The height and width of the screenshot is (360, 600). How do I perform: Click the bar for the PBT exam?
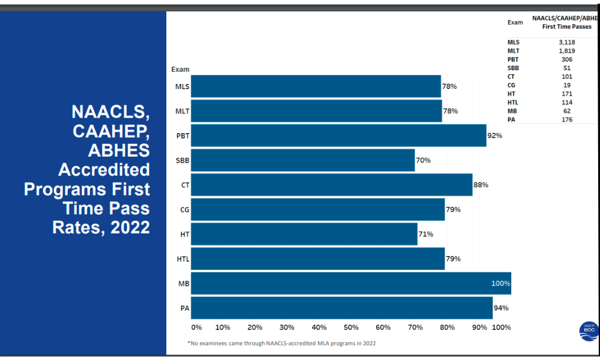pos(338,136)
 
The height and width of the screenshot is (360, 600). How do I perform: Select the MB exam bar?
pos(351,283)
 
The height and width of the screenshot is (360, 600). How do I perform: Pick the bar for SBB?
pos(302,160)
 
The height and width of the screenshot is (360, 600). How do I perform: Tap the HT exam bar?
pos(304,234)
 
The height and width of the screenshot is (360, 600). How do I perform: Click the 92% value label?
pos(494,136)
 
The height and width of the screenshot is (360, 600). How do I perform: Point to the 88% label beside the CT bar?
pos(481,185)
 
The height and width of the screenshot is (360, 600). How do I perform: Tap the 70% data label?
pos(423,160)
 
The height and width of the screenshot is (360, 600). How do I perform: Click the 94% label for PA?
pos(501,308)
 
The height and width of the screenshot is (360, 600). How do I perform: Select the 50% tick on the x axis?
pos(351,328)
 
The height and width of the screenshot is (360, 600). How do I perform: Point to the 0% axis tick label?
pos(197,328)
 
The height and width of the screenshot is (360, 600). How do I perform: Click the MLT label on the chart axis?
pos(182,111)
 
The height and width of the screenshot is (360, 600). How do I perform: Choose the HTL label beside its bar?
pos(182,259)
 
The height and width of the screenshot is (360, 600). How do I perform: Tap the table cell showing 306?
pos(566,59)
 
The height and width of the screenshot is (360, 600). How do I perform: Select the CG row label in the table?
pos(511,85)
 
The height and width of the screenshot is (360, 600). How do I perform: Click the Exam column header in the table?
pos(515,22)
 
